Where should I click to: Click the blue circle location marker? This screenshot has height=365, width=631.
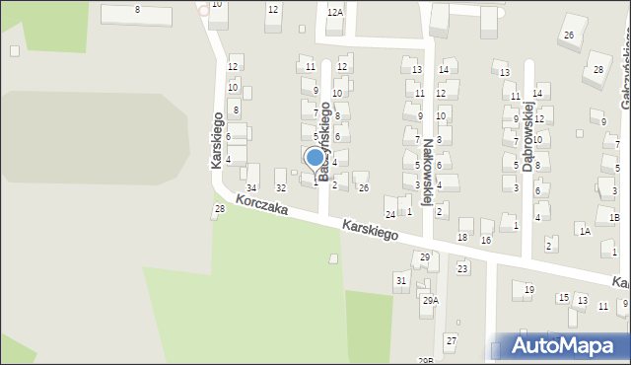pyautogui.click(x=315, y=157)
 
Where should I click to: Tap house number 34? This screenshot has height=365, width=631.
pyautogui.click(x=251, y=187)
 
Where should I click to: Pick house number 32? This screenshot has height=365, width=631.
pyautogui.click(x=280, y=187)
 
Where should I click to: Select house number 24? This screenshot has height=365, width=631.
pyautogui.click(x=390, y=214)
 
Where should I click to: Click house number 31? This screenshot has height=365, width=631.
pyautogui.click(x=400, y=281)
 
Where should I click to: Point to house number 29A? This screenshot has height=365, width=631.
pyautogui.click(x=430, y=300)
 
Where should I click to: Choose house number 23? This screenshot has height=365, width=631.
pyautogui.click(x=461, y=268)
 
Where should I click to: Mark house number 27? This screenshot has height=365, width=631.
pyautogui.click(x=451, y=340)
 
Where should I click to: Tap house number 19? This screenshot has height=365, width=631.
pyautogui.click(x=528, y=289)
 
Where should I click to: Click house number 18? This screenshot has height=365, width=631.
pyautogui.click(x=462, y=238)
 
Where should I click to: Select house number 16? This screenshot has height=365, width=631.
pyautogui.click(x=486, y=241)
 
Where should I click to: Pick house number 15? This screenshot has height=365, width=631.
pyautogui.click(x=563, y=297)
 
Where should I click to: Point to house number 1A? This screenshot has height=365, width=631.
pyautogui.click(x=585, y=231)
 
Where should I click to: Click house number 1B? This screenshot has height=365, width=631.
pyautogui.click(x=613, y=217)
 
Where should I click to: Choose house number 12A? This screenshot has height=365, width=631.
pyautogui.click(x=335, y=12)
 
